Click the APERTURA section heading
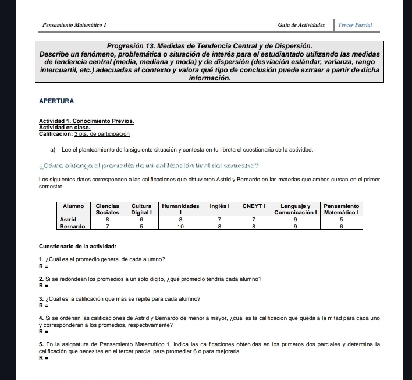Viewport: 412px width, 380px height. click(x=56, y=101)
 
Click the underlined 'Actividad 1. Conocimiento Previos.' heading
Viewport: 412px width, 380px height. click(x=86, y=121)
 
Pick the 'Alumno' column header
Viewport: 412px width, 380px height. click(x=73, y=206)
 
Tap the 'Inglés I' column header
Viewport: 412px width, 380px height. click(x=220, y=206)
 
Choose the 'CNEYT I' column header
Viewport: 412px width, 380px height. click(x=254, y=206)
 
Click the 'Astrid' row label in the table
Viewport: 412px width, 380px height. click(x=69, y=220)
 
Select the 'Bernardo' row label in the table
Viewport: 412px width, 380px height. click(x=73, y=227)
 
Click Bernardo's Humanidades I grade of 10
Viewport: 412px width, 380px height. click(x=180, y=227)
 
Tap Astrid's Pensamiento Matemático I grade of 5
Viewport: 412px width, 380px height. click(x=341, y=220)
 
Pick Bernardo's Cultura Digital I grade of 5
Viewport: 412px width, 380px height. click(x=141, y=227)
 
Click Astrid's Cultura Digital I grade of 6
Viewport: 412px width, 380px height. click(x=141, y=220)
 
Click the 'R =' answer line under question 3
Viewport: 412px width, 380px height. click(x=42, y=304)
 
